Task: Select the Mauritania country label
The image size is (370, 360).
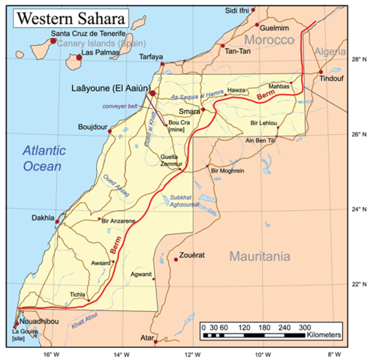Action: (x=258, y=256)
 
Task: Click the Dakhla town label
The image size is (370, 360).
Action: (x=42, y=218)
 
